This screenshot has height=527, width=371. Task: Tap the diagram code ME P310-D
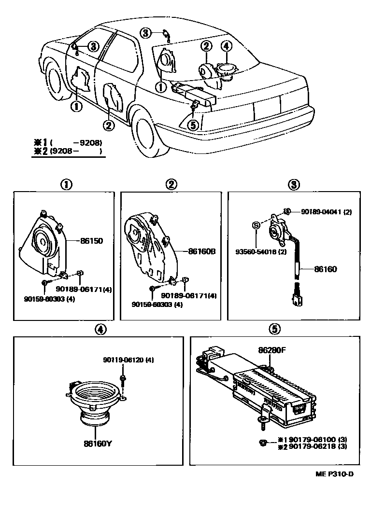[x=335, y=473]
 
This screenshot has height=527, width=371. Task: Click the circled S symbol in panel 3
[x=257, y=224]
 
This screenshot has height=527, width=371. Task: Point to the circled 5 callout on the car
[x=192, y=125]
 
